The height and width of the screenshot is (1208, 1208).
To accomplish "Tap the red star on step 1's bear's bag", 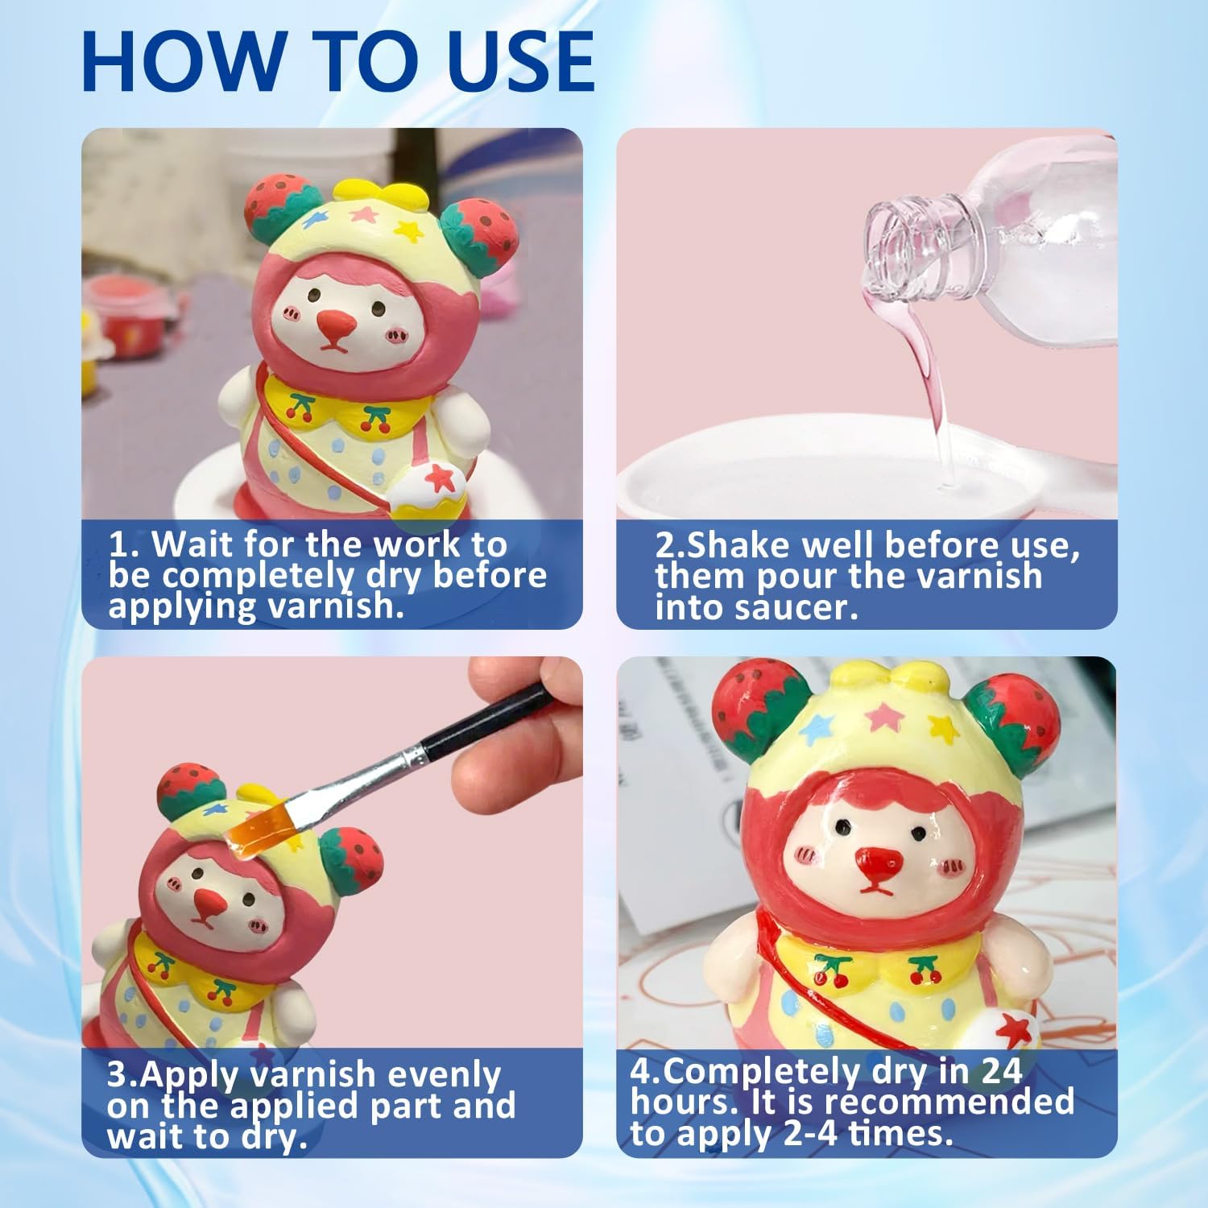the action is tap(439, 478).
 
